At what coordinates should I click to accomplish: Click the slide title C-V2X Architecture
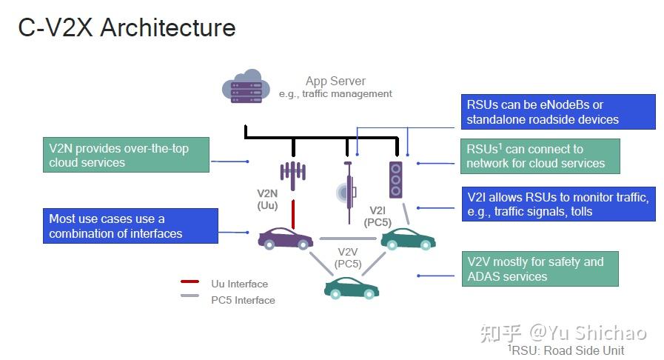point(127,27)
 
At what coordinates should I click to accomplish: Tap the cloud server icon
point(244,87)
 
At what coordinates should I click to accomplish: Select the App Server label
point(335,81)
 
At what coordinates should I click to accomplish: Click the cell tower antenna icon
point(293,171)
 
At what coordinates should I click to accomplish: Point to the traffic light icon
point(396,179)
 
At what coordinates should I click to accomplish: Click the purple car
point(285,239)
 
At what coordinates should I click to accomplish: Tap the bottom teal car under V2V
point(351,287)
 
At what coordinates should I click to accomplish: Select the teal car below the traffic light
point(407,238)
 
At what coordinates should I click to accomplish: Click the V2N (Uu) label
point(267,199)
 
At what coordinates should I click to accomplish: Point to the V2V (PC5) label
point(347,258)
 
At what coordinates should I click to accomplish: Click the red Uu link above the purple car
point(293,213)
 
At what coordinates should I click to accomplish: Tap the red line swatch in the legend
point(190,283)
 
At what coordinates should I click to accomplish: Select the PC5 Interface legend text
point(243,300)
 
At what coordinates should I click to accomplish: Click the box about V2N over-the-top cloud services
point(125,156)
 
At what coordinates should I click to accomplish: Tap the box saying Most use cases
point(130,226)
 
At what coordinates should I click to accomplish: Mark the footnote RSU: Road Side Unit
point(566,350)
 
